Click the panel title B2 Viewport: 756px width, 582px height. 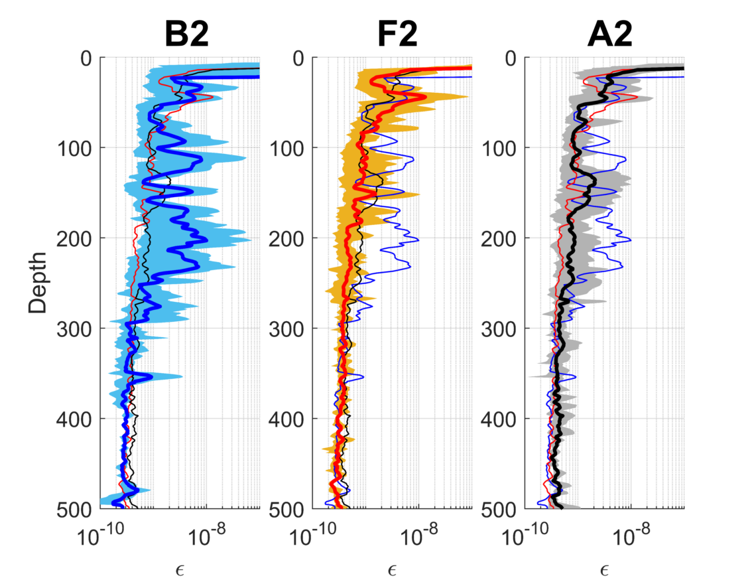click(186, 35)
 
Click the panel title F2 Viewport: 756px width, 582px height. click(397, 35)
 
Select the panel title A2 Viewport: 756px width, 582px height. click(609, 35)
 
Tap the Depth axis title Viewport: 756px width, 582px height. click(38, 283)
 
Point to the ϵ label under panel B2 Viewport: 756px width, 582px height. click(180, 571)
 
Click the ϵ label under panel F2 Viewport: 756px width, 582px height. click(392, 571)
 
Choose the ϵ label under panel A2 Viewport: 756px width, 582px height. click(604, 571)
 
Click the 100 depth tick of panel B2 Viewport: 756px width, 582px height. click(74, 148)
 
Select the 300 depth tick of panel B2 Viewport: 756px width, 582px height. click(74, 329)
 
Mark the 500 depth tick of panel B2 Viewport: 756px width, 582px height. click(74, 510)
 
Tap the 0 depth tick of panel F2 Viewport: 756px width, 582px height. click(298, 58)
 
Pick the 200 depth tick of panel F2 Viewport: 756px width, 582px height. click(286, 239)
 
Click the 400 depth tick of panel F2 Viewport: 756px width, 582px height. click(286, 419)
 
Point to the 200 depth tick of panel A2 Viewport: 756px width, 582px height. click(499, 239)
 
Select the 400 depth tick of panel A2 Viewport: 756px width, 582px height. click(499, 419)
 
